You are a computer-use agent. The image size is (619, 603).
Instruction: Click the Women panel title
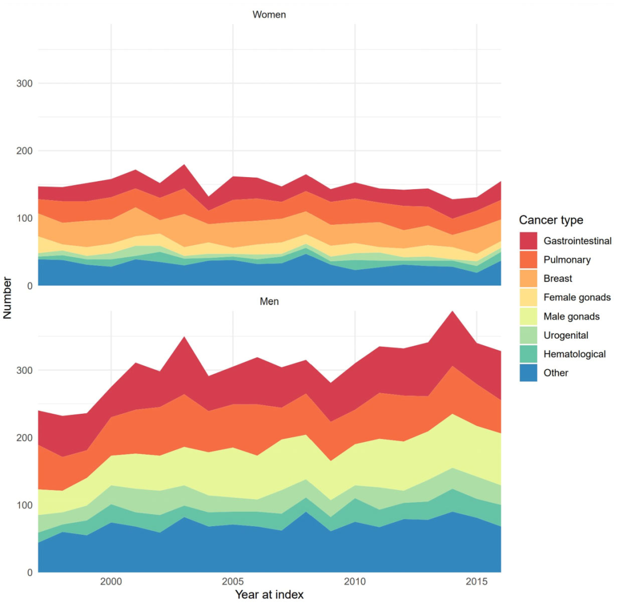tap(269, 15)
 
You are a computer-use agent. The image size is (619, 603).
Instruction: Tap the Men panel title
tap(269, 301)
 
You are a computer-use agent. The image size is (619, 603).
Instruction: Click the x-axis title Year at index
tap(269, 594)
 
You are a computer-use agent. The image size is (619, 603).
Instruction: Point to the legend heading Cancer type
tap(551, 220)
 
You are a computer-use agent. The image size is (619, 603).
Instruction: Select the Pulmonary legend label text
tap(567, 260)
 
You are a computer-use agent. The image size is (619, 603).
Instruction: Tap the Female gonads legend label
tap(577, 297)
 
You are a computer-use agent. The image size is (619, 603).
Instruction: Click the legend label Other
tap(556, 373)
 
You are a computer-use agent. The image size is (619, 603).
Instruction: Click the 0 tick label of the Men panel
tap(29, 573)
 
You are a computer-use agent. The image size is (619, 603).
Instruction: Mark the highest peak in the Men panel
tap(453, 312)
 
